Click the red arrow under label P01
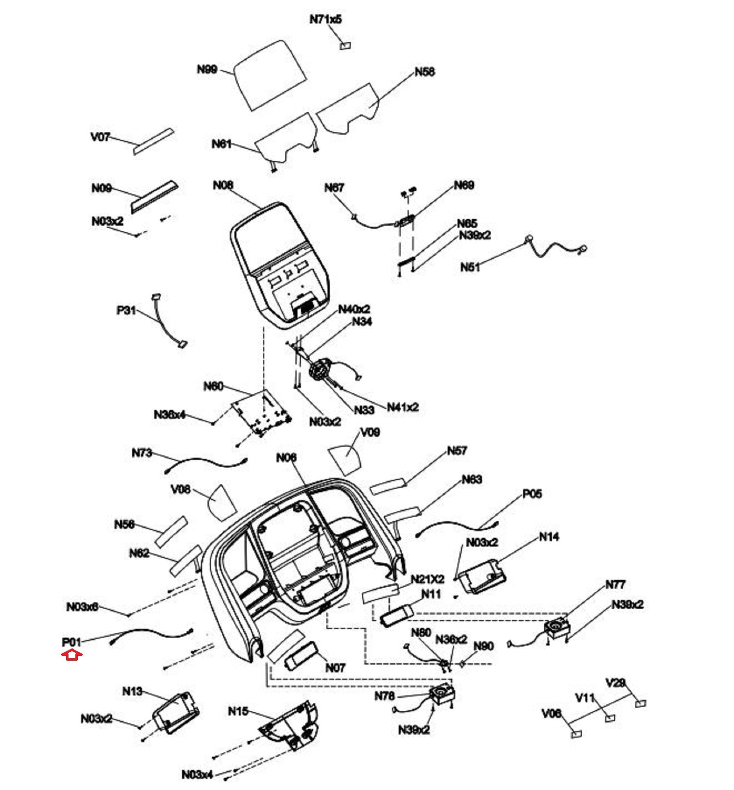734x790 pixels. coord(71,654)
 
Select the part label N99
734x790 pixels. coord(207,69)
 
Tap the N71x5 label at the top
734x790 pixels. coord(325,19)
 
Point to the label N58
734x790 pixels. coord(424,72)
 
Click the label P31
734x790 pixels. coord(126,310)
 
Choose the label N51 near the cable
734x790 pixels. coord(470,267)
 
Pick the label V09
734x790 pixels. coord(370,432)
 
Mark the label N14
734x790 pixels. coord(549,537)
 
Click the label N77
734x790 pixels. coord(615,584)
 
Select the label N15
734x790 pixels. coord(238,711)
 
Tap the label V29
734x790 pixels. coord(615,683)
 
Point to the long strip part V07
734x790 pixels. coord(154,141)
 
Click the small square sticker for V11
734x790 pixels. coord(610,718)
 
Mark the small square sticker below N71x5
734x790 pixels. coord(345,46)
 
